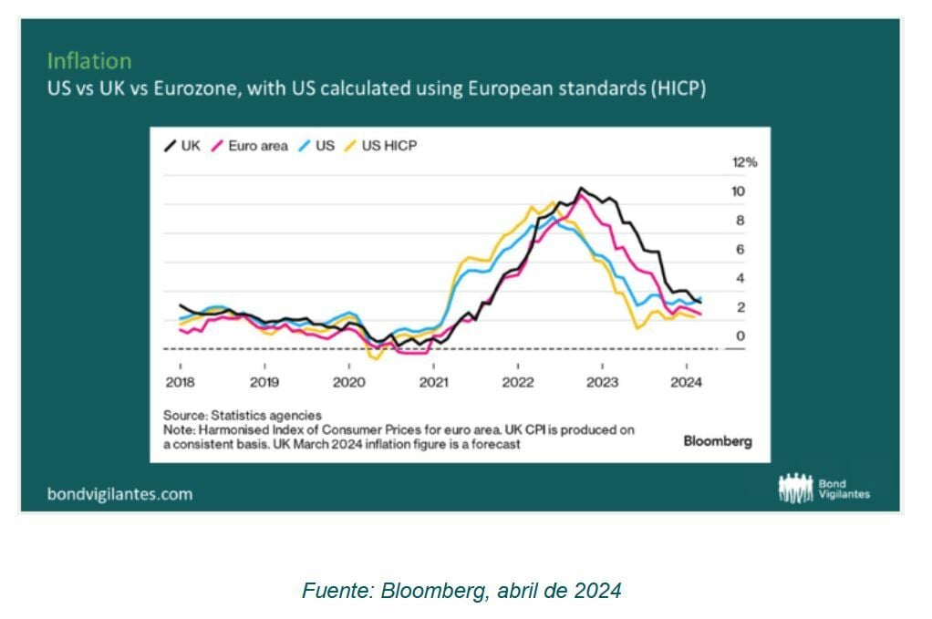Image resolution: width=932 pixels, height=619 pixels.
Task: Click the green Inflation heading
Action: (x=89, y=61)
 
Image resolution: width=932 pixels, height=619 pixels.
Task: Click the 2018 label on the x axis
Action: (x=180, y=382)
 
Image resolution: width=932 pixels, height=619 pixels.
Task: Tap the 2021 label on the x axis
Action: (x=433, y=382)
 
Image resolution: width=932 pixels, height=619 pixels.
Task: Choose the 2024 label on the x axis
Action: (x=686, y=382)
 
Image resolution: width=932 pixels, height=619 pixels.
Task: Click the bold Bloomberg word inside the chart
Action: (x=718, y=441)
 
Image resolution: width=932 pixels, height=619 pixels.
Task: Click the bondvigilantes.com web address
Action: (x=119, y=494)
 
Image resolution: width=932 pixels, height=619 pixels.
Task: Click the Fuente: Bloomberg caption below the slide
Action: (x=461, y=591)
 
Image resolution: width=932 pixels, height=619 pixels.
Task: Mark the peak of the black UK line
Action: (x=581, y=188)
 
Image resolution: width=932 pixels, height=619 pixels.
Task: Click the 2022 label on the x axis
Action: (x=517, y=382)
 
